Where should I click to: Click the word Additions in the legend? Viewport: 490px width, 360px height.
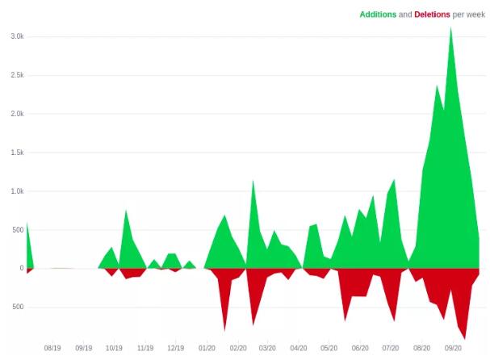(x=378, y=15)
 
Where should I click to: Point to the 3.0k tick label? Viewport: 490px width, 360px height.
(x=16, y=36)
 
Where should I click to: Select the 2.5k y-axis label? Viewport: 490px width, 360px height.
(x=16, y=75)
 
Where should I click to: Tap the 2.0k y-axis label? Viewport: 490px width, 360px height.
(x=16, y=114)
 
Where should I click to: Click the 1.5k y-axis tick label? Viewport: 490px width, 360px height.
(x=16, y=153)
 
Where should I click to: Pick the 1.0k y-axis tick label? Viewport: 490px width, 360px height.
(x=16, y=191)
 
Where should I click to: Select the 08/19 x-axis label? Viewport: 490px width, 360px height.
(x=52, y=349)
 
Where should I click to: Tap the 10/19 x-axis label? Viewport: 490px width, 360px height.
(x=114, y=349)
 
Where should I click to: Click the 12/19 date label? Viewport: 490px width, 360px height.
(x=175, y=349)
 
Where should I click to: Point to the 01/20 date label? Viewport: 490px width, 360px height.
(x=207, y=349)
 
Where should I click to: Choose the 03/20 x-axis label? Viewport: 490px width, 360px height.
(x=268, y=349)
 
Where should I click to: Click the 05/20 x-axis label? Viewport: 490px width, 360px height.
(x=329, y=349)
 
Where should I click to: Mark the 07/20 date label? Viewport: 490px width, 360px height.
(x=391, y=349)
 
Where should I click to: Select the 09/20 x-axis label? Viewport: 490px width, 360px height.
(x=452, y=349)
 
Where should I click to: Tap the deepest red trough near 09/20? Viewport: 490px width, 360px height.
(x=464, y=338)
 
